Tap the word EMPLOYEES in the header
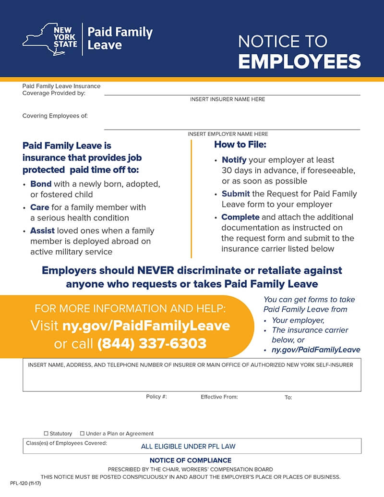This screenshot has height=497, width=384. tap(300, 61)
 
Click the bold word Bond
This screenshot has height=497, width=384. tap(41, 184)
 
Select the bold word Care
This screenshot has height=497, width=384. tap(40, 207)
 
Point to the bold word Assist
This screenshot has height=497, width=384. tap(43, 231)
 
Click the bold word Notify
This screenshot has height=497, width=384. tap(234, 160)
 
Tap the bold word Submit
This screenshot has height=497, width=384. tap(236, 194)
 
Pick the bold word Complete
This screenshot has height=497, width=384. tap(240, 217)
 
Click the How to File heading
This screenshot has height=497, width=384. tap(240, 144)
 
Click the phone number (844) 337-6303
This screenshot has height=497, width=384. tap(152, 344)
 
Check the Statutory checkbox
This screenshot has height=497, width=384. tap(46, 434)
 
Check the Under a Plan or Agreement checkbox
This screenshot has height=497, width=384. tap(82, 434)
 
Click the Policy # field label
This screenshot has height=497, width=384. tap(156, 397)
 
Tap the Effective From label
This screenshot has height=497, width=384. tap(219, 397)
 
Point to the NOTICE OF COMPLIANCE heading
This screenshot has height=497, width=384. tap(191, 460)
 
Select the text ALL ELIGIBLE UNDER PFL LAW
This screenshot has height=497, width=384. tap(188, 447)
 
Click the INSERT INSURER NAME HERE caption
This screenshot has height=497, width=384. tap(228, 99)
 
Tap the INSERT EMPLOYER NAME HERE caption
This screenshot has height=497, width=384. tap(228, 134)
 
